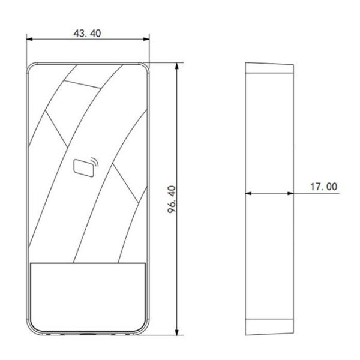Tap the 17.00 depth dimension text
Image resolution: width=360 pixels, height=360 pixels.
pos(324,187)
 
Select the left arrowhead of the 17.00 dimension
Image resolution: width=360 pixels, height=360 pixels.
pos(248,193)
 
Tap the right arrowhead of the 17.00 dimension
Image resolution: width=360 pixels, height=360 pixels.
pos(292,193)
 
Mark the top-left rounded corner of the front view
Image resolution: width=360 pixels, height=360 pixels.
pos(31,66)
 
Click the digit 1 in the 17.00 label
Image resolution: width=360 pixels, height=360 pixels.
pos(313,187)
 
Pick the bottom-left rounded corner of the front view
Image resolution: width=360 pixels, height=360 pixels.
pos(31,330)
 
